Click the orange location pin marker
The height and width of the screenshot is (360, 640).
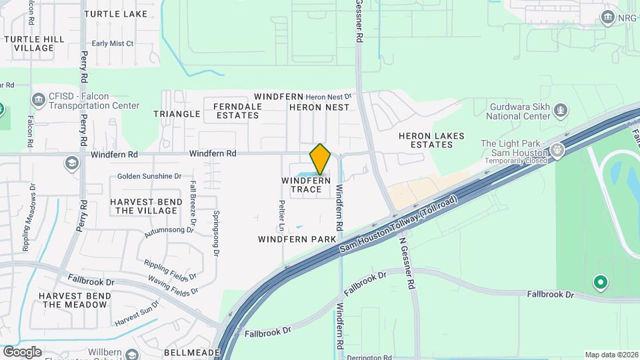point(320,159)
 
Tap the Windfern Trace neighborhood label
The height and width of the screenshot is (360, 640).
point(306,185)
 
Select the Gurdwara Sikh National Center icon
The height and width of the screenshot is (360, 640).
point(561,108)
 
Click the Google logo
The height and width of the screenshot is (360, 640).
point(22,351)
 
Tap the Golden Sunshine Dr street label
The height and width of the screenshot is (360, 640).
point(149,177)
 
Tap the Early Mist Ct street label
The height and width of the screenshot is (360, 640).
point(113,44)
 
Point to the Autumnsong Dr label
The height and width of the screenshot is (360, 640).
point(169,231)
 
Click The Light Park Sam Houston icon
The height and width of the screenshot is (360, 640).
point(557,150)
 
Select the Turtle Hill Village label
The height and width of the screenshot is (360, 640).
point(34,44)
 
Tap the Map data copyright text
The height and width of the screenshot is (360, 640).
point(610,355)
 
